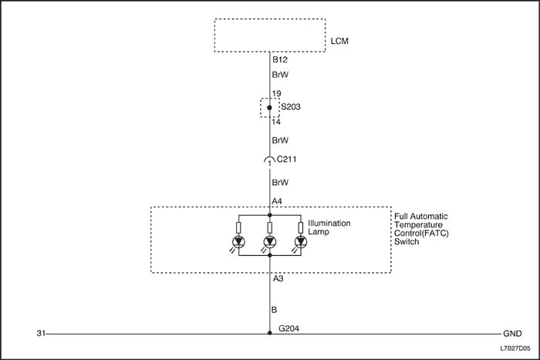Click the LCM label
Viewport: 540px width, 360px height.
pyautogui.click(x=339, y=40)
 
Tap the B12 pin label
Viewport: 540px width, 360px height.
pyautogui.click(x=279, y=59)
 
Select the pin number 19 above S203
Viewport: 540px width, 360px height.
pyautogui.click(x=277, y=93)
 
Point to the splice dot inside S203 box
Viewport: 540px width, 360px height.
pyautogui.click(x=269, y=108)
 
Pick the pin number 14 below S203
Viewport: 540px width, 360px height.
pyautogui.click(x=277, y=122)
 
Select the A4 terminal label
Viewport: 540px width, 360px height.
pyautogui.click(x=278, y=202)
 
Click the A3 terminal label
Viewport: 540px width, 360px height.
pyautogui.click(x=278, y=278)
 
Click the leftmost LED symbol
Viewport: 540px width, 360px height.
pyautogui.click(x=239, y=242)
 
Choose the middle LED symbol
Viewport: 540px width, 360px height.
pyautogui.click(x=269, y=242)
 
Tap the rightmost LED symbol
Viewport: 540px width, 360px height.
pyautogui.click(x=299, y=242)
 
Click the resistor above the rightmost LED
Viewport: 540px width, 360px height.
pyautogui.click(x=299, y=227)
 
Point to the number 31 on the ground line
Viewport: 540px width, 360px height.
pyautogui.click(x=42, y=335)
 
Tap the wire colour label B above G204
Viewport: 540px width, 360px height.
pyautogui.click(x=275, y=311)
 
